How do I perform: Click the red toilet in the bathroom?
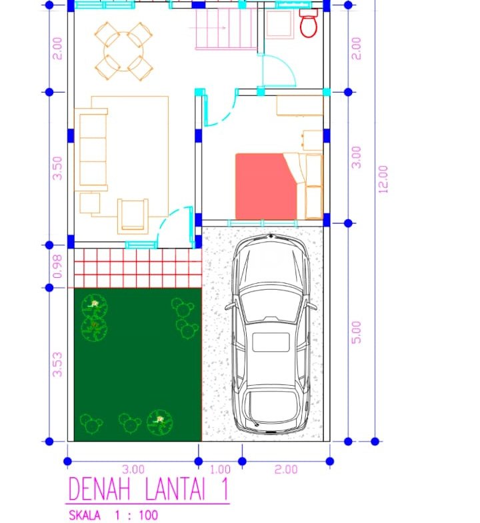[309, 23]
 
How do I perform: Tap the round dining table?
[123, 51]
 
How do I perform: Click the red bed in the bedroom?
[266, 186]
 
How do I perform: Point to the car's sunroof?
[271, 342]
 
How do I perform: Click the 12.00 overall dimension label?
[383, 179]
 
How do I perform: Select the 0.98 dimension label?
[57, 266]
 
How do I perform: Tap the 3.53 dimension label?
[57, 364]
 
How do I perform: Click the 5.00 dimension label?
[356, 332]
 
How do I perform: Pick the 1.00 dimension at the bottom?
[220, 470]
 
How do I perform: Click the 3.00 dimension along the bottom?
[133, 470]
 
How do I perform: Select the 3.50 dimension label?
[57, 168]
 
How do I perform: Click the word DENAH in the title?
[99, 489]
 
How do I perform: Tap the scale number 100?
[148, 515]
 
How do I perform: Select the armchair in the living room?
[133, 216]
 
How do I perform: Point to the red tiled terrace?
[138, 268]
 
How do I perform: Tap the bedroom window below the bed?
[263, 223]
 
